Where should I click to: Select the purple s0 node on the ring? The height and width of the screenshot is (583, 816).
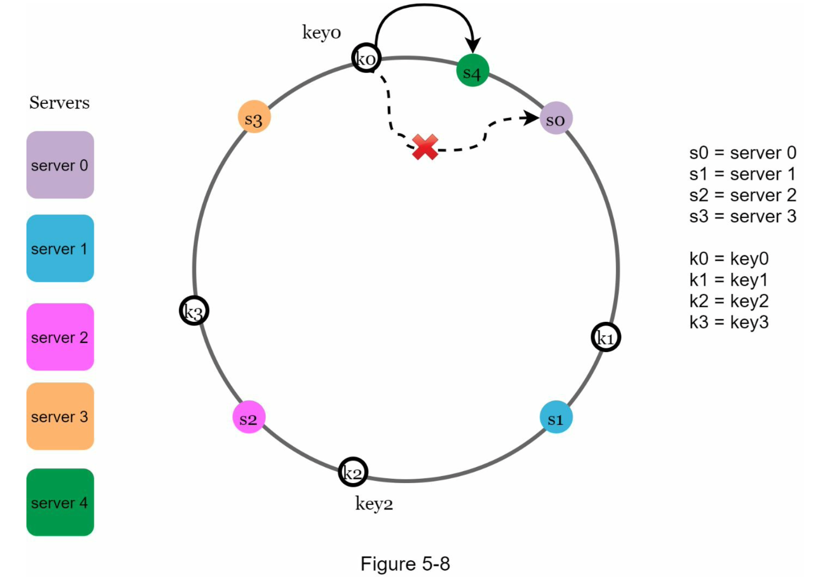pyautogui.click(x=556, y=118)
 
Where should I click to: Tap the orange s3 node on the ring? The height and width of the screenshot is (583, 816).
pyautogui.click(x=254, y=117)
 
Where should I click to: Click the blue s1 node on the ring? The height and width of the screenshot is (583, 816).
pyautogui.click(x=556, y=417)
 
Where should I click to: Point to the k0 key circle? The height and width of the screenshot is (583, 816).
pyautogui.click(x=366, y=59)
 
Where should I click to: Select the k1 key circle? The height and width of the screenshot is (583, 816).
pyautogui.click(x=606, y=337)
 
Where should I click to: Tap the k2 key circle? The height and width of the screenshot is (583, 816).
pyautogui.click(x=353, y=472)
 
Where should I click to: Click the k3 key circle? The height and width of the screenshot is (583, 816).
pyautogui.click(x=194, y=311)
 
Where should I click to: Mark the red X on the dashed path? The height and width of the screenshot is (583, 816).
pyautogui.click(x=425, y=147)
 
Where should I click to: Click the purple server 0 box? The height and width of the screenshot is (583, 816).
pyautogui.click(x=60, y=165)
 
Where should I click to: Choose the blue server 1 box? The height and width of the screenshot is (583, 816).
pyautogui.click(x=60, y=248)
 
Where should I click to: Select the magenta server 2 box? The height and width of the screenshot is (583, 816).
pyautogui.click(x=60, y=337)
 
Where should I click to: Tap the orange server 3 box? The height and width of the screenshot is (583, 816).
pyautogui.click(x=60, y=416)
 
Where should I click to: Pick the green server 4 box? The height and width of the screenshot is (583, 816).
pyautogui.click(x=60, y=502)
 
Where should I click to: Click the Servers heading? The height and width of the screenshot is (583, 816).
pyautogui.click(x=60, y=102)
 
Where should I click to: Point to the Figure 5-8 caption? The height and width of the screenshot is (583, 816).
pyautogui.click(x=405, y=563)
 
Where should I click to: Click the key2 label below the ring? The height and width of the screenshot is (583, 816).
pyautogui.click(x=374, y=504)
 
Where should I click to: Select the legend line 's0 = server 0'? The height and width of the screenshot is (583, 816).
pyautogui.click(x=742, y=153)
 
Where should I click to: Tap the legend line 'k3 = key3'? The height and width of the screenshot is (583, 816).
pyautogui.click(x=729, y=322)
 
